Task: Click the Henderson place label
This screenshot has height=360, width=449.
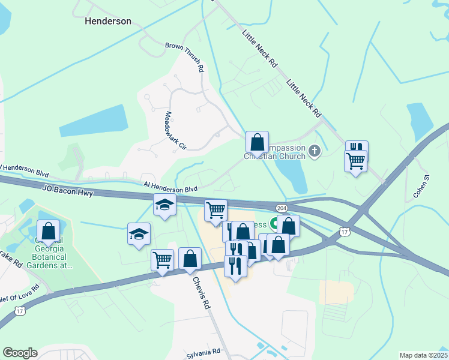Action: tap(108, 21)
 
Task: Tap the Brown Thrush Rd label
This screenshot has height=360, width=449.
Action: tap(185, 56)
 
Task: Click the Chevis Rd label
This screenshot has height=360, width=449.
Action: tap(202, 292)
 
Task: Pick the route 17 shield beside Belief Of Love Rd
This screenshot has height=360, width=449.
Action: tap(20, 311)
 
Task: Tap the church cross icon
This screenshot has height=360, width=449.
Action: tap(315, 152)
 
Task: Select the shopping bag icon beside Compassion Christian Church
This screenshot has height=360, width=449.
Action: tap(257, 143)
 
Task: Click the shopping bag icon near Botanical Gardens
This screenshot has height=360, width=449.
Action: tap(48, 230)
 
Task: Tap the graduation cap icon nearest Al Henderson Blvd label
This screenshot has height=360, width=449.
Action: tap(165, 205)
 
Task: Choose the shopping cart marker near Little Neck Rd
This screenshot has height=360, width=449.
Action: tap(355, 161)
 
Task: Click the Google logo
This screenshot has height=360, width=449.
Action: tap(20, 353)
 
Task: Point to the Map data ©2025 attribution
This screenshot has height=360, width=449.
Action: tap(423, 355)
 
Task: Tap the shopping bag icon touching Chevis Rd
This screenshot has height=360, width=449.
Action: tap(190, 259)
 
